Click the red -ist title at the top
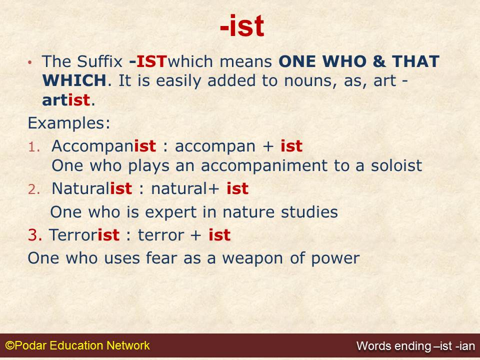click(x=242, y=26)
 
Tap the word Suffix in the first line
click(x=100, y=61)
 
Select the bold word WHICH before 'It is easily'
click(x=74, y=80)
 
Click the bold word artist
click(x=66, y=100)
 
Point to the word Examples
click(x=69, y=123)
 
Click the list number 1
click(x=34, y=147)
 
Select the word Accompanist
click(x=104, y=146)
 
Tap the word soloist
click(x=396, y=165)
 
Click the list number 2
click(x=34, y=189)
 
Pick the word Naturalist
click(x=92, y=188)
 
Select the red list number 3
click(x=35, y=235)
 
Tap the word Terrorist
click(x=84, y=235)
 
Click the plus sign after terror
click(x=195, y=235)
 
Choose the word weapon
click(x=252, y=258)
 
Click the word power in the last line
click(x=335, y=258)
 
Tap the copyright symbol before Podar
click(x=10, y=345)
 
